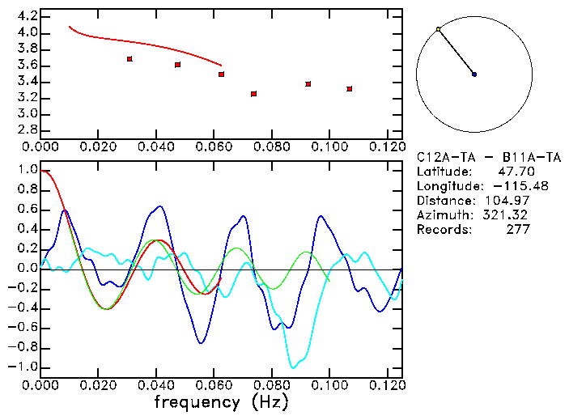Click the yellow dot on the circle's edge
pos(438,29)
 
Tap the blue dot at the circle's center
pos(474,74)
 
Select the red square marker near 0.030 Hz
pos(130,59)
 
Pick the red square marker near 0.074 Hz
pos(254,94)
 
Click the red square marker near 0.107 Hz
pos(349,88)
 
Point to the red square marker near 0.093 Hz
pos(308,83)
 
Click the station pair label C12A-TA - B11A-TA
pos(488,157)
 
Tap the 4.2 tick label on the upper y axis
pos(28,16)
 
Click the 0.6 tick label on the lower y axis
pos(28,210)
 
